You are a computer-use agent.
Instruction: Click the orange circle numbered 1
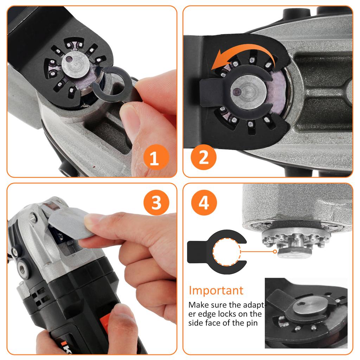154,159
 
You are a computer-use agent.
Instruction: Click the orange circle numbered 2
204,157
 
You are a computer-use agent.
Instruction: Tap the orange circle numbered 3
156,202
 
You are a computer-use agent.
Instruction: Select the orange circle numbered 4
204,203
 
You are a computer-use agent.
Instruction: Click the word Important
216,290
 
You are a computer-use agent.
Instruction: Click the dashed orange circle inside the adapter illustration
227,251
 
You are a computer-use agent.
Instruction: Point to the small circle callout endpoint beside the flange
275,251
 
